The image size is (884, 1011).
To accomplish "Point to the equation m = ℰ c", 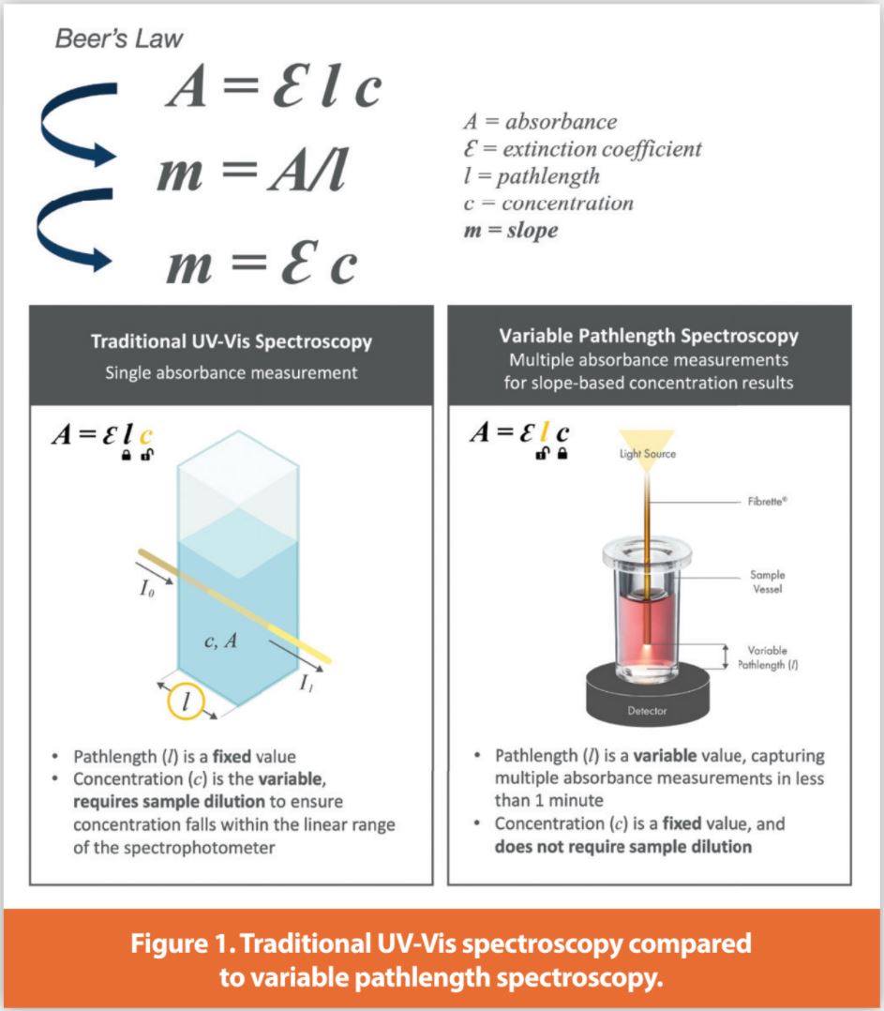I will pos(262,264).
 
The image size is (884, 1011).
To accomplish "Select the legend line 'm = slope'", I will pos(510,230).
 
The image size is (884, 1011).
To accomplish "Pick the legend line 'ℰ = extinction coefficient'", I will pos(582,148).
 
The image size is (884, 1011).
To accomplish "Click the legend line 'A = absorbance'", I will pos(540,121).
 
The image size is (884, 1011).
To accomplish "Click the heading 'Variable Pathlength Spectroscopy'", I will pos(648,336).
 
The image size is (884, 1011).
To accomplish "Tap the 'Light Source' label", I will pos(646,454).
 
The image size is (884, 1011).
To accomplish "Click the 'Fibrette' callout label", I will pos(766,502).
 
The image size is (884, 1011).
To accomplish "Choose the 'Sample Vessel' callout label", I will pos(767,581).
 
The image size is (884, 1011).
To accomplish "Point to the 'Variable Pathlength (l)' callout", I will pos(766,656).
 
